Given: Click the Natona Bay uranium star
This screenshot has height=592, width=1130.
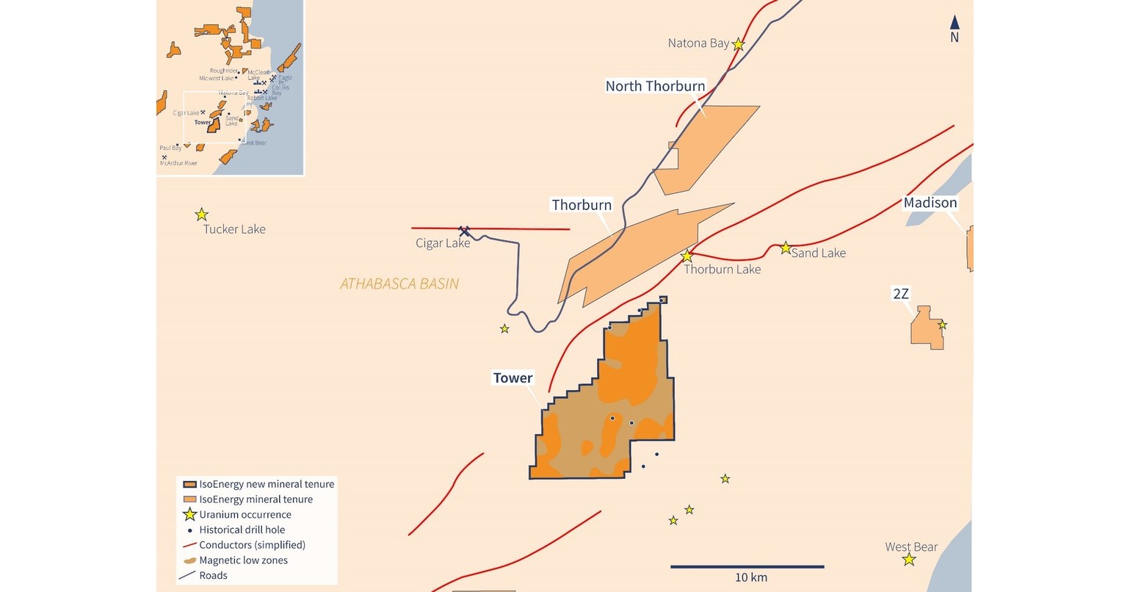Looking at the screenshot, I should (739, 44).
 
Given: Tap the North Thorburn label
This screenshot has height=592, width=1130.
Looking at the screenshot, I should (655, 86).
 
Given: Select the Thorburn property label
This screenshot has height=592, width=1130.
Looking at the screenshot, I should (582, 205).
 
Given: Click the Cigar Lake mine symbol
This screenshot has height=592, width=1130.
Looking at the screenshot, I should (464, 231).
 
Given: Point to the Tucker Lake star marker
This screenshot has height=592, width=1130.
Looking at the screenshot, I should (201, 214).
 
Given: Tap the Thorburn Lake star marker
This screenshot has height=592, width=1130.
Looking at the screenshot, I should (687, 256).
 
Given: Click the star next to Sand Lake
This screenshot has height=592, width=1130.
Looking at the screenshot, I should (786, 248).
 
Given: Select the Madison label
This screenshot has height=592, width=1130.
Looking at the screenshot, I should (930, 203).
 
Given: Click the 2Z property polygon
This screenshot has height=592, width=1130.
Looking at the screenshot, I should (925, 328).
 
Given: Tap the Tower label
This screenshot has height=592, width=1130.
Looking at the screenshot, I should (513, 378).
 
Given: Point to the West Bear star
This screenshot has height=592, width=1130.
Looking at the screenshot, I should (909, 560).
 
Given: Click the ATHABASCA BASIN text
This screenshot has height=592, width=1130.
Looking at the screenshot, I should (399, 284).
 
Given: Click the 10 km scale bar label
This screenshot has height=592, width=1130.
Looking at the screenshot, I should (750, 577).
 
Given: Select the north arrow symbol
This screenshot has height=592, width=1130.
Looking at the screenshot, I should (955, 28).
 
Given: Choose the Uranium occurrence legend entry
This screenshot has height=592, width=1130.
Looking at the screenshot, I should (245, 515).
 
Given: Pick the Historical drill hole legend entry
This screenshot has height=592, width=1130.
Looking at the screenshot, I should (242, 530).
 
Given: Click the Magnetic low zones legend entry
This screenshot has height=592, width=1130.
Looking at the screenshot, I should (243, 560).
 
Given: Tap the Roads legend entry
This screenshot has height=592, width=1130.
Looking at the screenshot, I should (213, 576).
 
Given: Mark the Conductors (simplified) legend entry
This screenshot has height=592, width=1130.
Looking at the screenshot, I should (252, 545).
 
